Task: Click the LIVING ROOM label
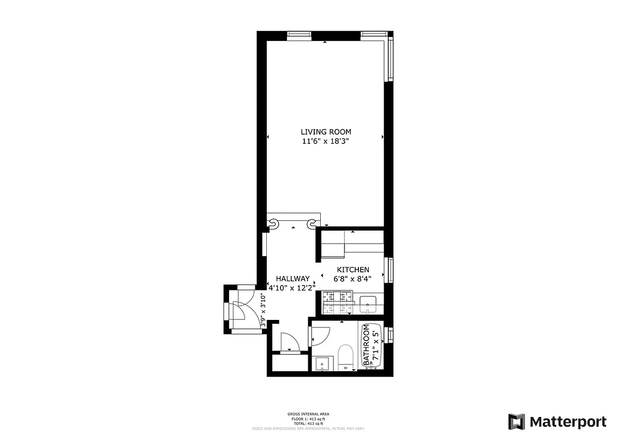[326, 131]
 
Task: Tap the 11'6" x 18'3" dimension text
[326, 141]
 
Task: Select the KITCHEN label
[352, 270]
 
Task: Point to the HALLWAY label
[292, 278]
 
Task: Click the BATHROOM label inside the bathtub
[367, 344]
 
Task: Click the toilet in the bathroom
[346, 357]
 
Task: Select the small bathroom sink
[323, 364]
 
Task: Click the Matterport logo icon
[517, 422]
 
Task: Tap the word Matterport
[568, 422]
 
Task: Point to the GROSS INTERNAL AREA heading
[308, 414]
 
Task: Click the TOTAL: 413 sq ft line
[308, 423]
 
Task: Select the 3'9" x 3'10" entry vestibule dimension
[262, 310]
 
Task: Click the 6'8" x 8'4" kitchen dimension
[352, 278]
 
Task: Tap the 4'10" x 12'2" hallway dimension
[292, 287]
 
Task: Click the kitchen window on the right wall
[390, 270]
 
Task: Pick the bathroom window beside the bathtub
[390, 335]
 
